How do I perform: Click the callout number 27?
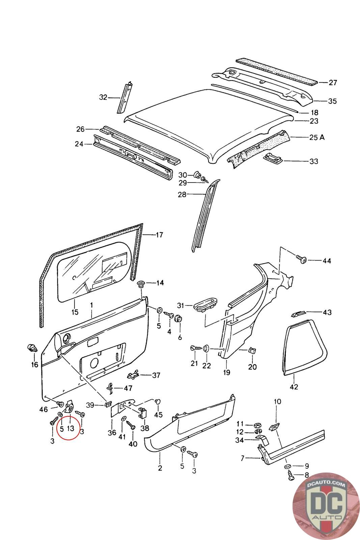(333, 83)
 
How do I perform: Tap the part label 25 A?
(317, 137)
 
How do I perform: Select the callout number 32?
(103, 98)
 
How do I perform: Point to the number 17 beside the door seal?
(159, 235)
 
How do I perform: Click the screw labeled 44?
(301, 259)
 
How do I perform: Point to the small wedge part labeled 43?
(298, 314)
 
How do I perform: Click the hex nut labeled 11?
(258, 426)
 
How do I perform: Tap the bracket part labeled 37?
(133, 375)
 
